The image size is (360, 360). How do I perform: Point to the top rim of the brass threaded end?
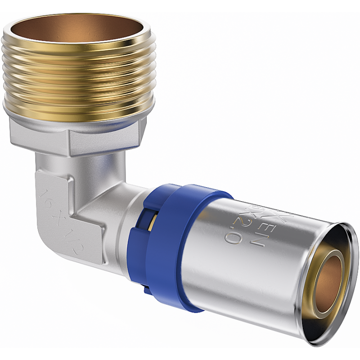tap(79, 18)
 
